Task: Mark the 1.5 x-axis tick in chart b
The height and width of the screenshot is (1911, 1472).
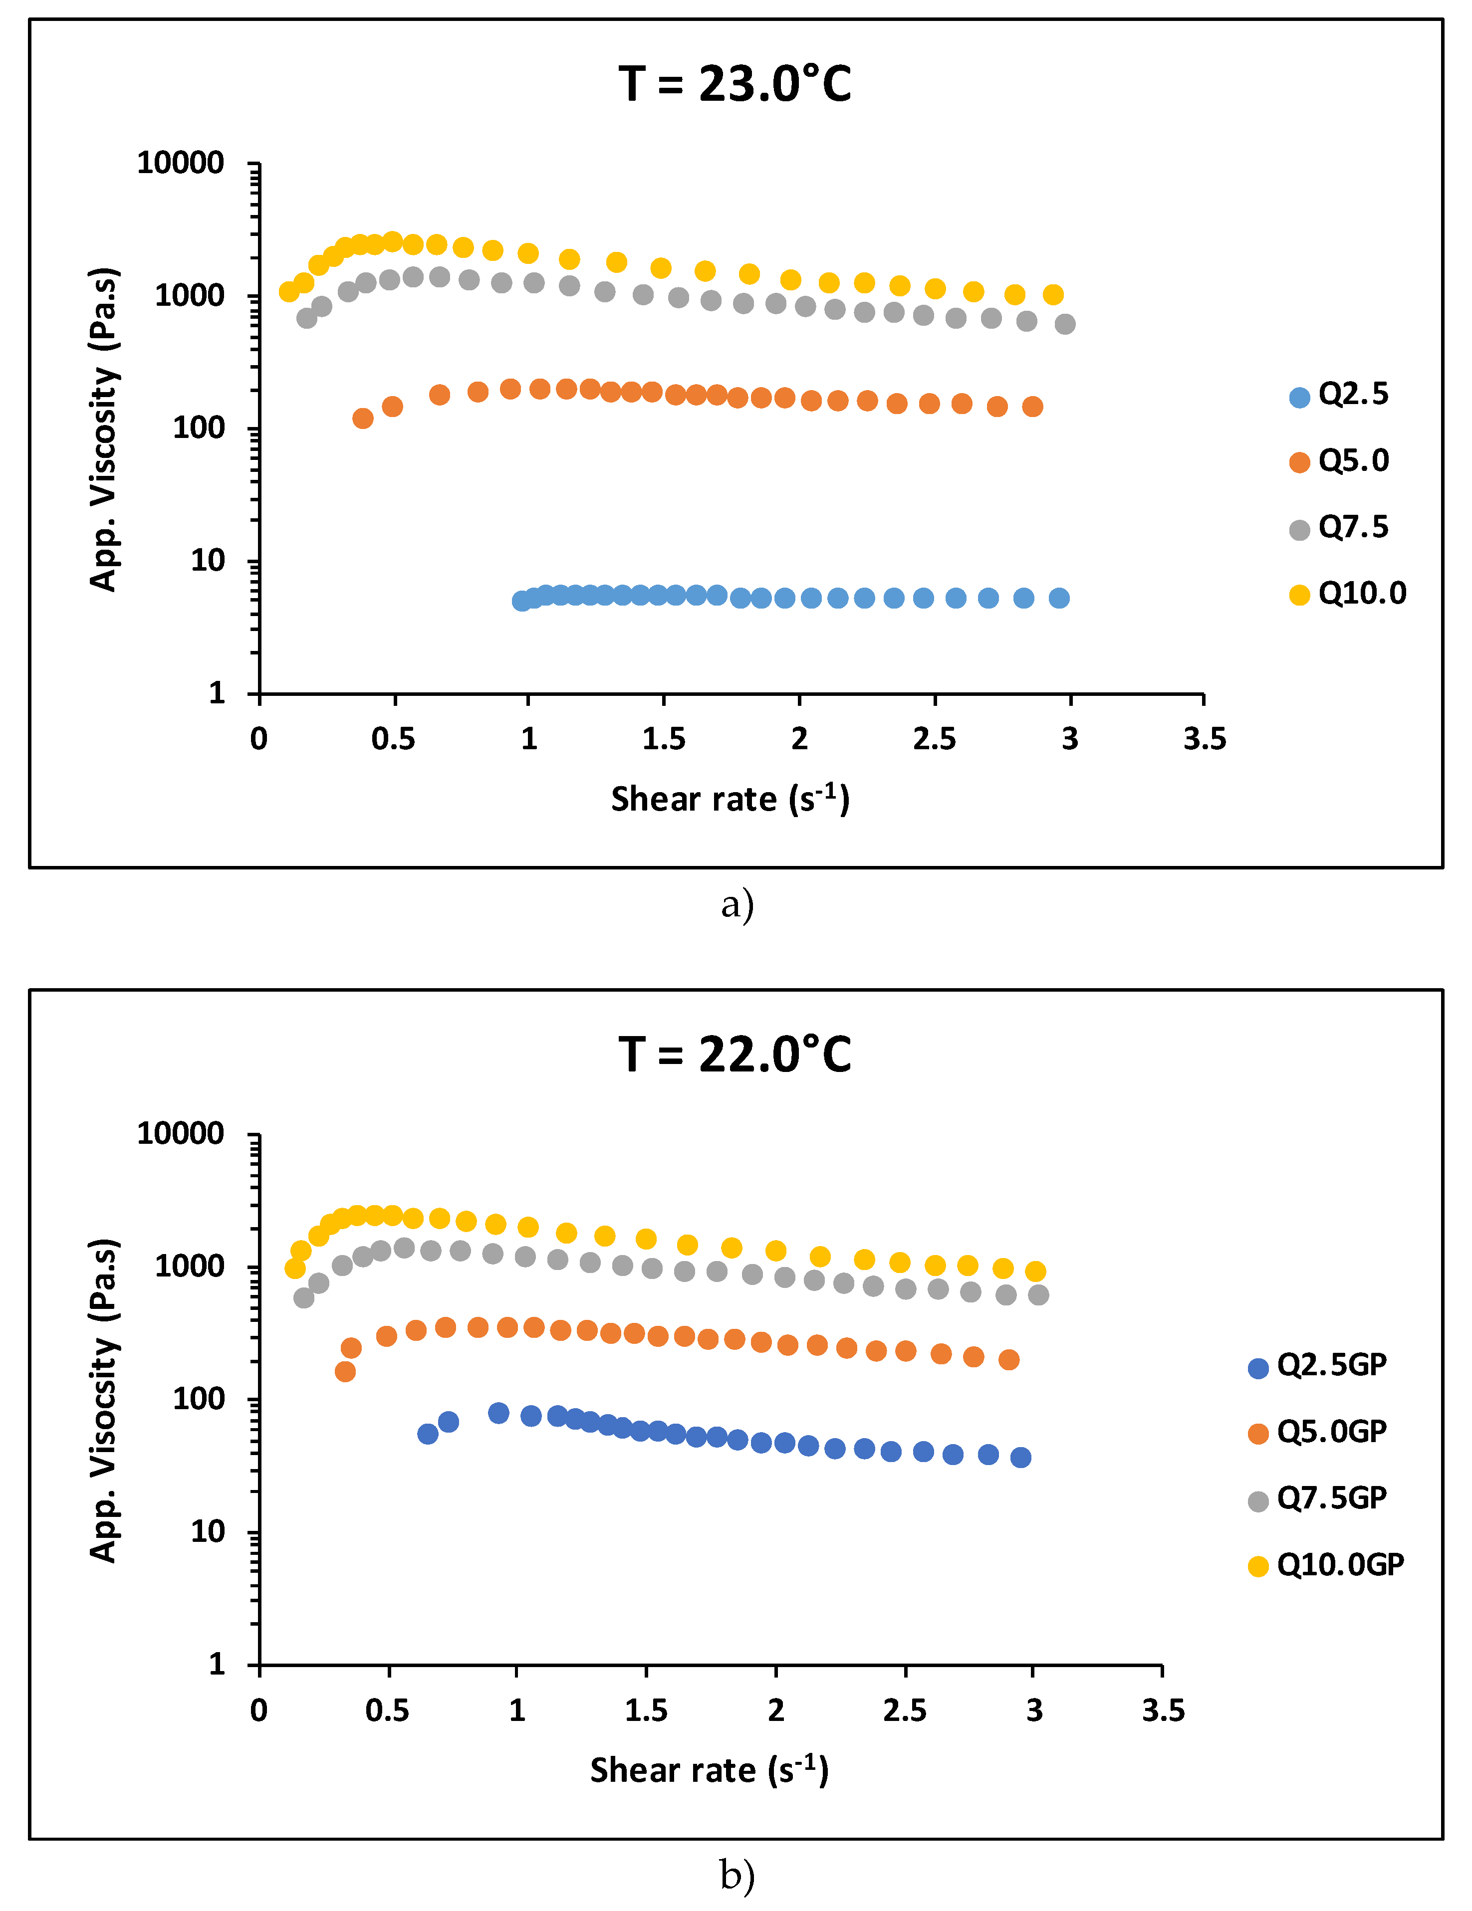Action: [x=646, y=1710]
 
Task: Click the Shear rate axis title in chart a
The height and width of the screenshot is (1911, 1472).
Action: [x=730, y=800]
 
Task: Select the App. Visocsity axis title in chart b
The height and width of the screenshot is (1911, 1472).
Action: [x=103, y=1400]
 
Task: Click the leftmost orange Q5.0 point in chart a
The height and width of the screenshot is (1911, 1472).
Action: [x=362, y=418]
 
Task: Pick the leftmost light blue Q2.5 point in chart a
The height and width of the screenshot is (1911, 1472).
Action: [x=521, y=601]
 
